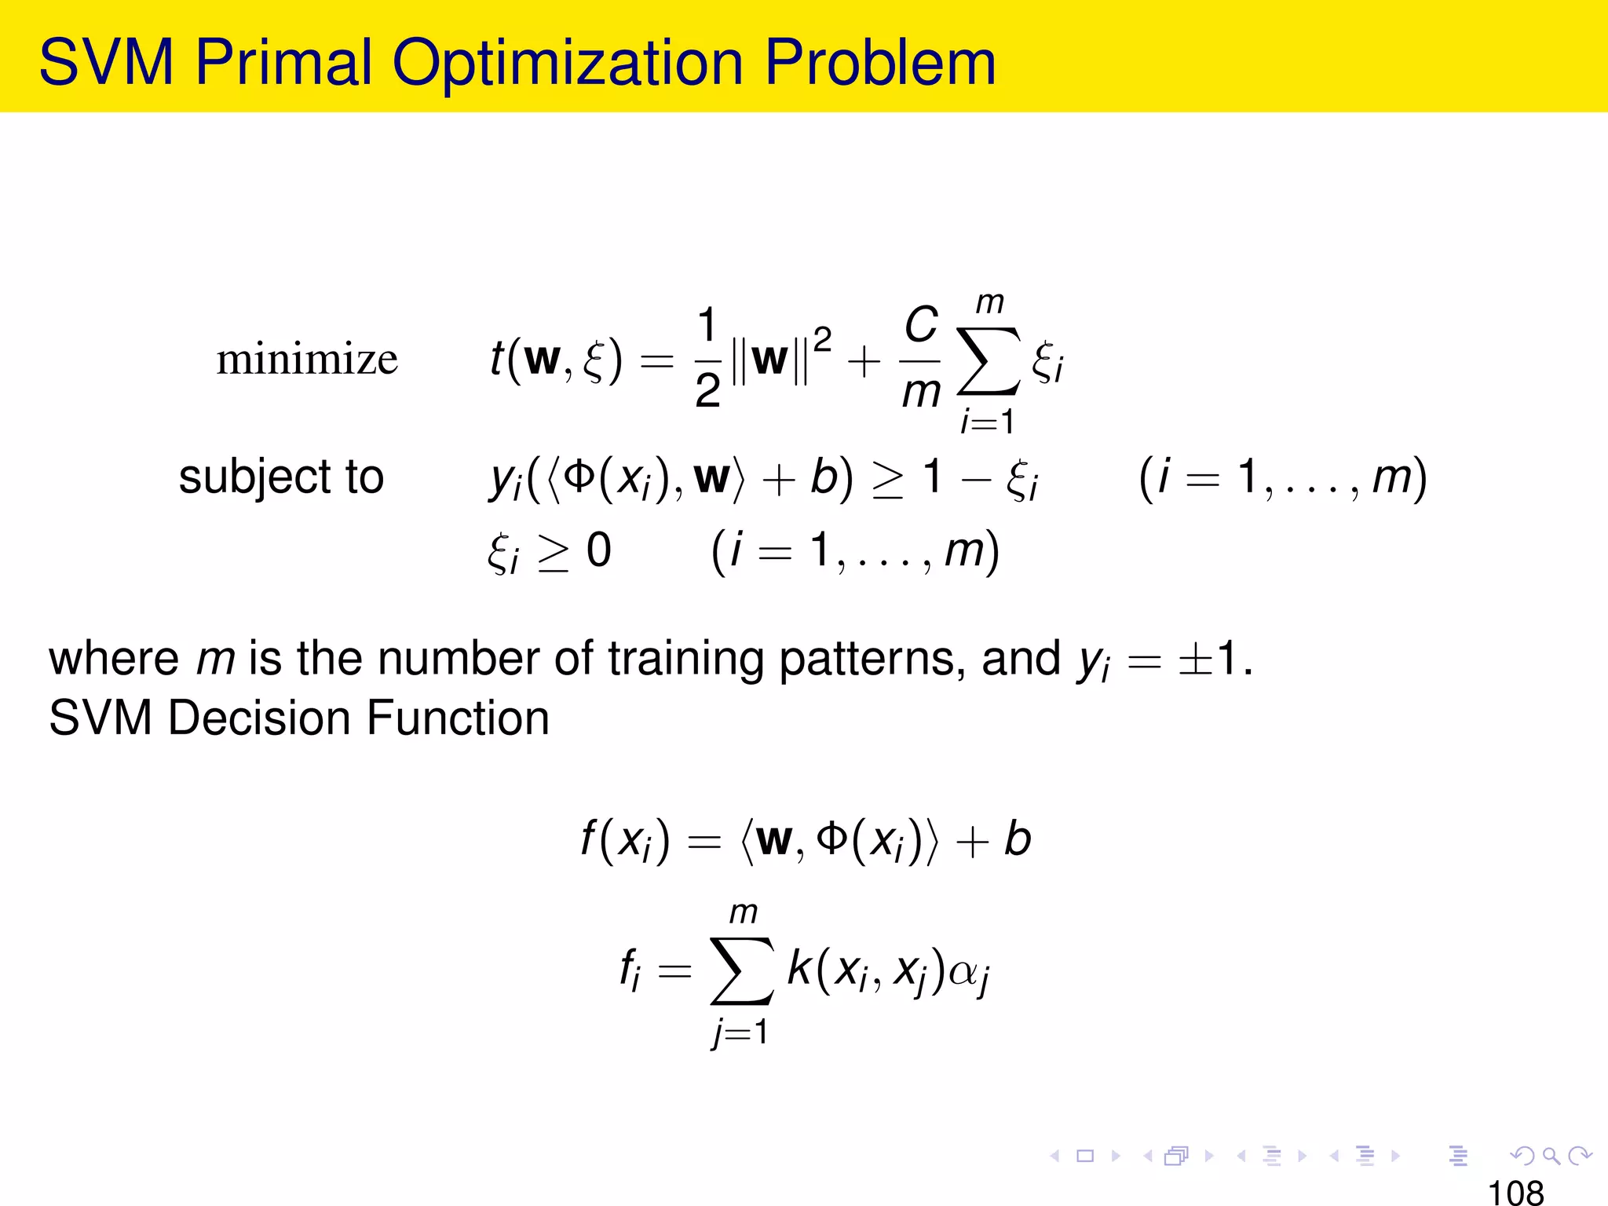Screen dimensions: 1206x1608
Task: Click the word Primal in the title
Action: click(x=283, y=63)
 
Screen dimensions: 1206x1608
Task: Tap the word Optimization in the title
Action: click(x=567, y=63)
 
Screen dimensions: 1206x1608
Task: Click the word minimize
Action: click(x=307, y=360)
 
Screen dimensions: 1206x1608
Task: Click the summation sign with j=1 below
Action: click(x=741, y=971)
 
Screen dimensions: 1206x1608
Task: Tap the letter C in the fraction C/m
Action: click(x=921, y=324)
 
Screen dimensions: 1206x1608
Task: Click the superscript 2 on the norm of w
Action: click(x=822, y=340)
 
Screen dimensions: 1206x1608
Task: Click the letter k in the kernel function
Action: click(x=799, y=968)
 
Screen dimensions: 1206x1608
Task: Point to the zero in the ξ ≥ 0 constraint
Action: click(x=598, y=550)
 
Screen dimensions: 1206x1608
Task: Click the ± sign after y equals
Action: click(x=1193, y=659)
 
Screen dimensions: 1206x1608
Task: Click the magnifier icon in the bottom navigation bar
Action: click(x=1551, y=1156)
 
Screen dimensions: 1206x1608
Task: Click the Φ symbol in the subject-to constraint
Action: click(x=579, y=476)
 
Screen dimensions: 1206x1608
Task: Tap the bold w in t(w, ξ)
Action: click(x=543, y=360)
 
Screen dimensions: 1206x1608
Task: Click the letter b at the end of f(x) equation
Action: click(x=1018, y=839)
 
